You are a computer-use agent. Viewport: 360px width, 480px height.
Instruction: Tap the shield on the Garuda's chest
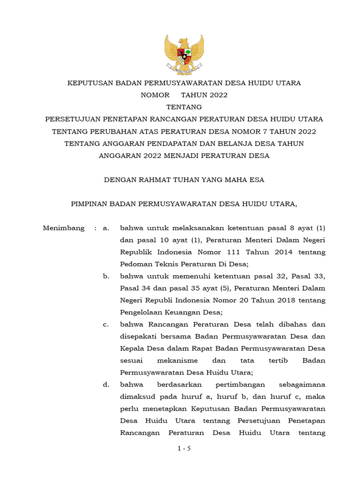pos(184,55)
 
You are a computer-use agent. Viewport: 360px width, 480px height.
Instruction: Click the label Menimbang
pos(64,228)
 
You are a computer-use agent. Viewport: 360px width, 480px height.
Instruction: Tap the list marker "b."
pos(106,276)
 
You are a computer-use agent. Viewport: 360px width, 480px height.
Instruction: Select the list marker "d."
pos(106,384)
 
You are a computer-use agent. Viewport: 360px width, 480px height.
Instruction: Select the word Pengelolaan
pos(141,312)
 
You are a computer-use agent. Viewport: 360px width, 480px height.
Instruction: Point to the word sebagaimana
pos(302,384)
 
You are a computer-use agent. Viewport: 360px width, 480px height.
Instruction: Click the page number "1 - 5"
pos(184,449)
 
